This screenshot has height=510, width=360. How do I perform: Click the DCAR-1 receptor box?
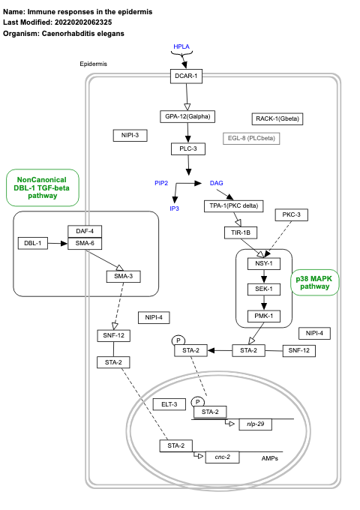pos(185,76)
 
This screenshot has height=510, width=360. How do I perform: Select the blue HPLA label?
pos(181,46)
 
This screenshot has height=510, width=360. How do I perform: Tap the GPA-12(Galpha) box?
pos(187,116)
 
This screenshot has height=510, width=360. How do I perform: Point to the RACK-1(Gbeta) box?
pos(277,118)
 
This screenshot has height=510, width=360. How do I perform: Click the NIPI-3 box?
pos(130,135)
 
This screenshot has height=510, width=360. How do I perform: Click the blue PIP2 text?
pos(161,183)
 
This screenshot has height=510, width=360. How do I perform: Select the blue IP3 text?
pos(174,208)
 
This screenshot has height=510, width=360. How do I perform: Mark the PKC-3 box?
pos(292,215)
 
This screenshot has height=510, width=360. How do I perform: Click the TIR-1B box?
pos(241,232)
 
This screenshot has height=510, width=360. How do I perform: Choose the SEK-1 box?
pos(263,289)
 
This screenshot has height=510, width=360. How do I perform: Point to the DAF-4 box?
pos(85,231)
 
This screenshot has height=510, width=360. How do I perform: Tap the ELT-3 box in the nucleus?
pos(169,404)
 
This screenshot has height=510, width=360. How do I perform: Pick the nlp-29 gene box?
pos(255,424)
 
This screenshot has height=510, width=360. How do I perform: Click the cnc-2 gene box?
pos(222,456)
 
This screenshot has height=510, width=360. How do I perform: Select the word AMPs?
pos(272,457)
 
